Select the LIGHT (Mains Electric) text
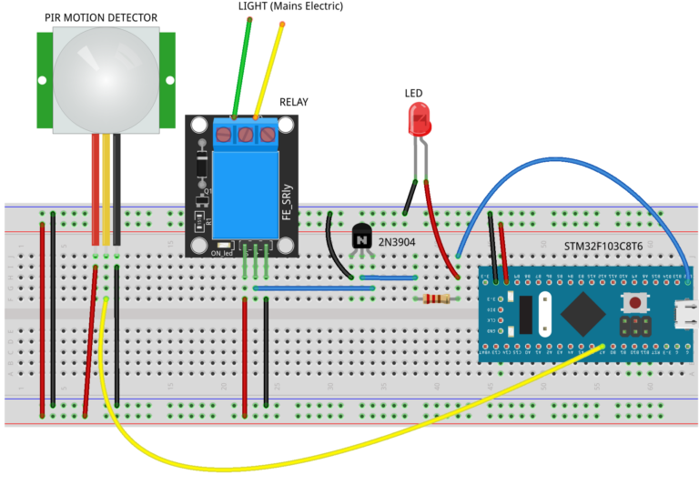click(291, 6)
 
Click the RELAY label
click(294, 102)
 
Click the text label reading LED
click(413, 93)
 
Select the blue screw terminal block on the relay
click(245, 134)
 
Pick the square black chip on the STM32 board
click(582, 315)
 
